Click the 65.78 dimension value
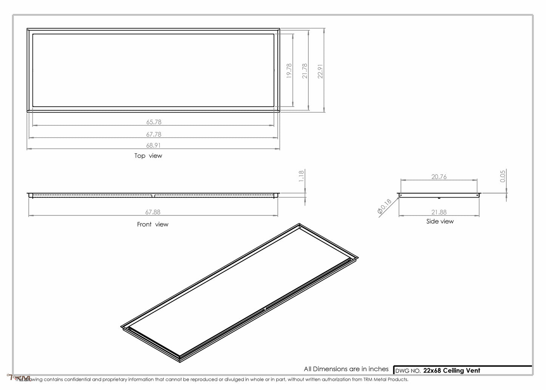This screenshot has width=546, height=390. click(154, 122)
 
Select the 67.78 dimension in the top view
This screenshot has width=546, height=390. click(154, 134)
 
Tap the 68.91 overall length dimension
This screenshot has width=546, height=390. click(154, 145)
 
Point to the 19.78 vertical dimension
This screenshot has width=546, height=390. click(289, 71)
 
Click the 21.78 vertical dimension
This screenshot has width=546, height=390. click(305, 71)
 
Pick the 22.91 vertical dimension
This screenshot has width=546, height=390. click(320, 71)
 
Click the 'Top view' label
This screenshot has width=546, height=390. click(148, 156)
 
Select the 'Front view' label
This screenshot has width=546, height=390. click(153, 224)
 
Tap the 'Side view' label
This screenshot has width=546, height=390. click(440, 221)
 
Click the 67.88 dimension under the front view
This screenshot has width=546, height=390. click(154, 212)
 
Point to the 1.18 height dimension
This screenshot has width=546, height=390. click(301, 176)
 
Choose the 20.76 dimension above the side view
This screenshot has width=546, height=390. click(439, 176)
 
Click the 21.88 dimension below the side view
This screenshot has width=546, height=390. click(439, 212)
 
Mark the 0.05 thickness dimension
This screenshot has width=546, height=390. click(503, 176)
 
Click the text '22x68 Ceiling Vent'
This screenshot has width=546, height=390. click(452, 370)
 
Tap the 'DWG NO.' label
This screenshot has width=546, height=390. click(408, 371)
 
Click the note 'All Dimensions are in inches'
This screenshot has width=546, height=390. click(346, 369)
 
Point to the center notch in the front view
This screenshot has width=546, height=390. click(153, 196)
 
